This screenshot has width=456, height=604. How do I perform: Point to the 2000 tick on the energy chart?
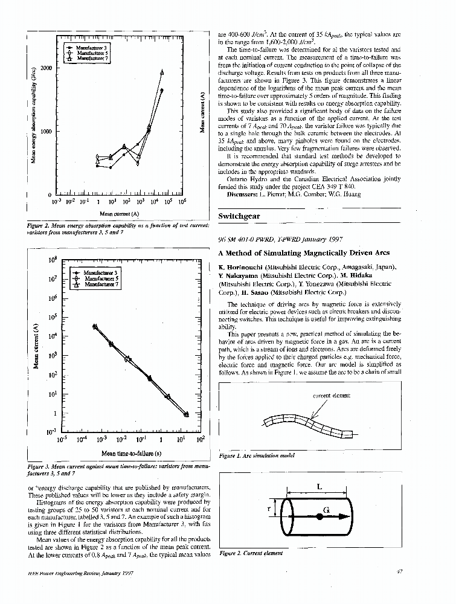46,68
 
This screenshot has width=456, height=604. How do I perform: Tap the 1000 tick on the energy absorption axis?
46,132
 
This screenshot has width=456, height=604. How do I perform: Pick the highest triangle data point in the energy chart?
162,72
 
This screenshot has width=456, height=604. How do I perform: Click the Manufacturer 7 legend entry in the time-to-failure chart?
100,285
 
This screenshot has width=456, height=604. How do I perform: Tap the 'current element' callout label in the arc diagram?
332,396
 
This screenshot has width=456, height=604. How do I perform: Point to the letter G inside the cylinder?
326,511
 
